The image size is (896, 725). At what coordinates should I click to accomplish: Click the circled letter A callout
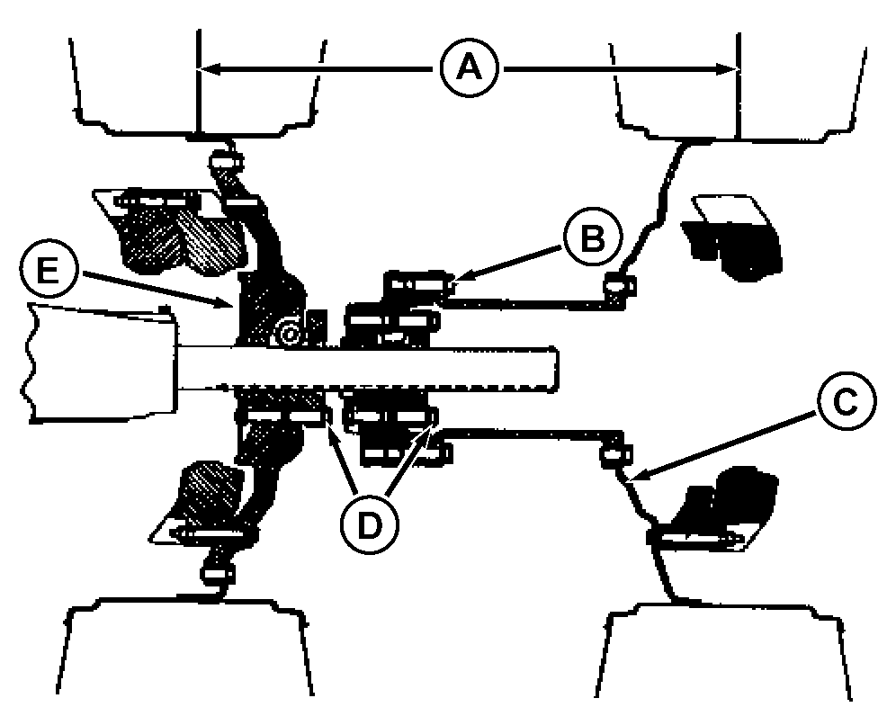click(470, 69)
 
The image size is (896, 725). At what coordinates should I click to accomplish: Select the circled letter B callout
click(593, 238)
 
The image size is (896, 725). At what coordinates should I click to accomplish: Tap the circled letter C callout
click(846, 402)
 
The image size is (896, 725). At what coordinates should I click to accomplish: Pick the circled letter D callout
click(369, 524)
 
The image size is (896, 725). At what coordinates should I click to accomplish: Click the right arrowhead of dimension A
click(739, 69)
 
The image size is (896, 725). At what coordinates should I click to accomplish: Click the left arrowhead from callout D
click(328, 425)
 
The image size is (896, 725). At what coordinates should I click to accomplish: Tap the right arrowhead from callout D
click(433, 426)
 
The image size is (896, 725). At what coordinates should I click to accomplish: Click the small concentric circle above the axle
click(288, 333)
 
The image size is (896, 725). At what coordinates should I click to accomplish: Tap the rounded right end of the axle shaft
click(555, 370)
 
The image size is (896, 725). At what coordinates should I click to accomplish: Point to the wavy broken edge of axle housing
click(30, 363)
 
